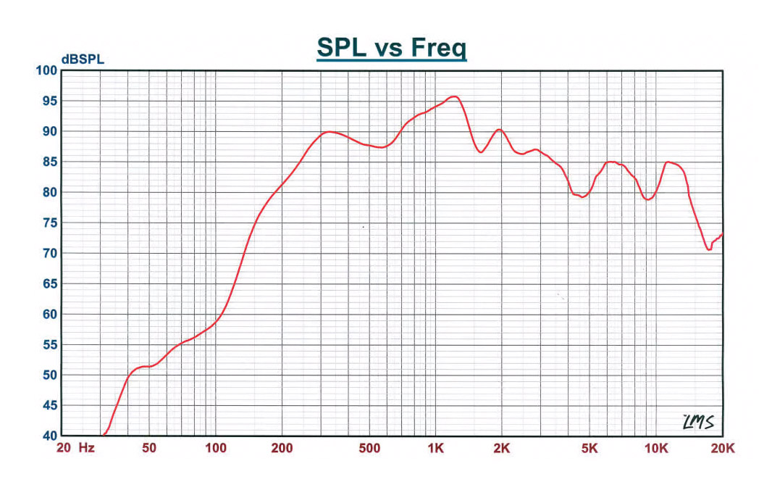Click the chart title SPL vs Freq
pyautogui.click(x=391, y=48)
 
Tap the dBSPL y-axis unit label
pyautogui.click(x=83, y=59)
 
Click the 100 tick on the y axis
pyautogui.click(x=46, y=70)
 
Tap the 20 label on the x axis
pyautogui.click(x=63, y=449)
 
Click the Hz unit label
pyautogui.click(x=87, y=449)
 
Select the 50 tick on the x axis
pyautogui.click(x=148, y=449)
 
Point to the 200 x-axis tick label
pyautogui.click(x=282, y=449)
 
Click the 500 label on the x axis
pyautogui.click(x=369, y=449)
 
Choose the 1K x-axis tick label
pyautogui.click(x=435, y=449)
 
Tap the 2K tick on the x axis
pyautogui.click(x=501, y=449)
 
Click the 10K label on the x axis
pyautogui.click(x=656, y=449)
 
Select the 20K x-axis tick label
pyautogui.click(x=722, y=449)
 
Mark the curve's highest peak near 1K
pyautogui.click(x=453, y=96)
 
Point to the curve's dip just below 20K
pyautogui.click(x=709, y=249)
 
